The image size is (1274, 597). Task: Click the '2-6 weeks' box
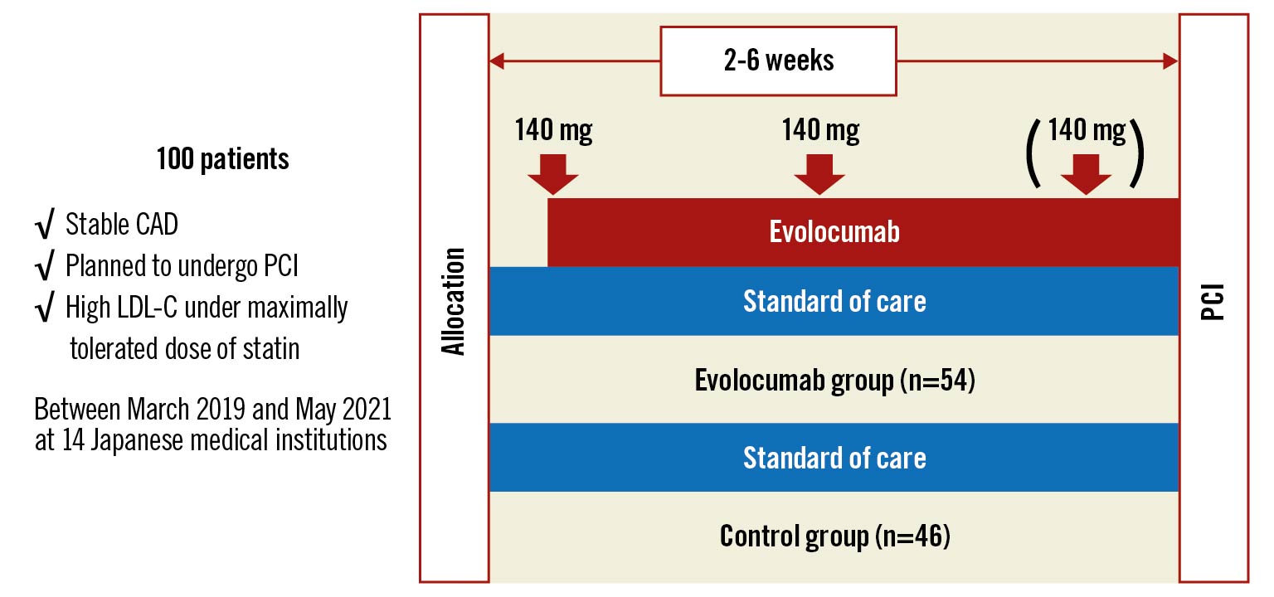point(778,61)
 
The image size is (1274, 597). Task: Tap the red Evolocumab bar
point(863,232)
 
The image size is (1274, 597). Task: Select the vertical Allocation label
point(454,301)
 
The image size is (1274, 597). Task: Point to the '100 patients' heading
point(222,158)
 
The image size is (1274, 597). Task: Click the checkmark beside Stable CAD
point(45,223)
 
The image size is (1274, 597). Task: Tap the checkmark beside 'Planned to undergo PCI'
point(45,265)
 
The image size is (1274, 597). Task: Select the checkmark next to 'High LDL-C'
point(45,307)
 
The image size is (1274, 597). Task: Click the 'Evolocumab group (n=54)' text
point(835,380)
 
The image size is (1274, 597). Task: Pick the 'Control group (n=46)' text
point(835,536)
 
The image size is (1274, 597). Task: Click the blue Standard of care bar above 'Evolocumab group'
point(834,301)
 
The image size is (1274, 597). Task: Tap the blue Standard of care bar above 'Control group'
point(834,457)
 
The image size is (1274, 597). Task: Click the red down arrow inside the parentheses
point(1086,175)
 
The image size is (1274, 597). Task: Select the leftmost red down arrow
point(553,175)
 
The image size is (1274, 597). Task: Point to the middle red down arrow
point(819,175)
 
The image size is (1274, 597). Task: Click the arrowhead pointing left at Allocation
point(496,61)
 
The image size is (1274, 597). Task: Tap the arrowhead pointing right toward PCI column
point(1171,61)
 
